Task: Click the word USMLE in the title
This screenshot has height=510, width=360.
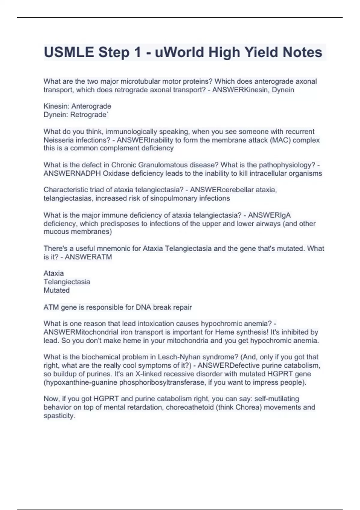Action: [69, 52]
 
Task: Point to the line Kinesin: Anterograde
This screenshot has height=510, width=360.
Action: [77, 106]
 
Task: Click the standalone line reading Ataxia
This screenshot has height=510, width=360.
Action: [54, 273]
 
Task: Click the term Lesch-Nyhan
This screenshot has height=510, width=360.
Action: [178, 357]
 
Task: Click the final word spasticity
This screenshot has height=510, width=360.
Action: [59, 416]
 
